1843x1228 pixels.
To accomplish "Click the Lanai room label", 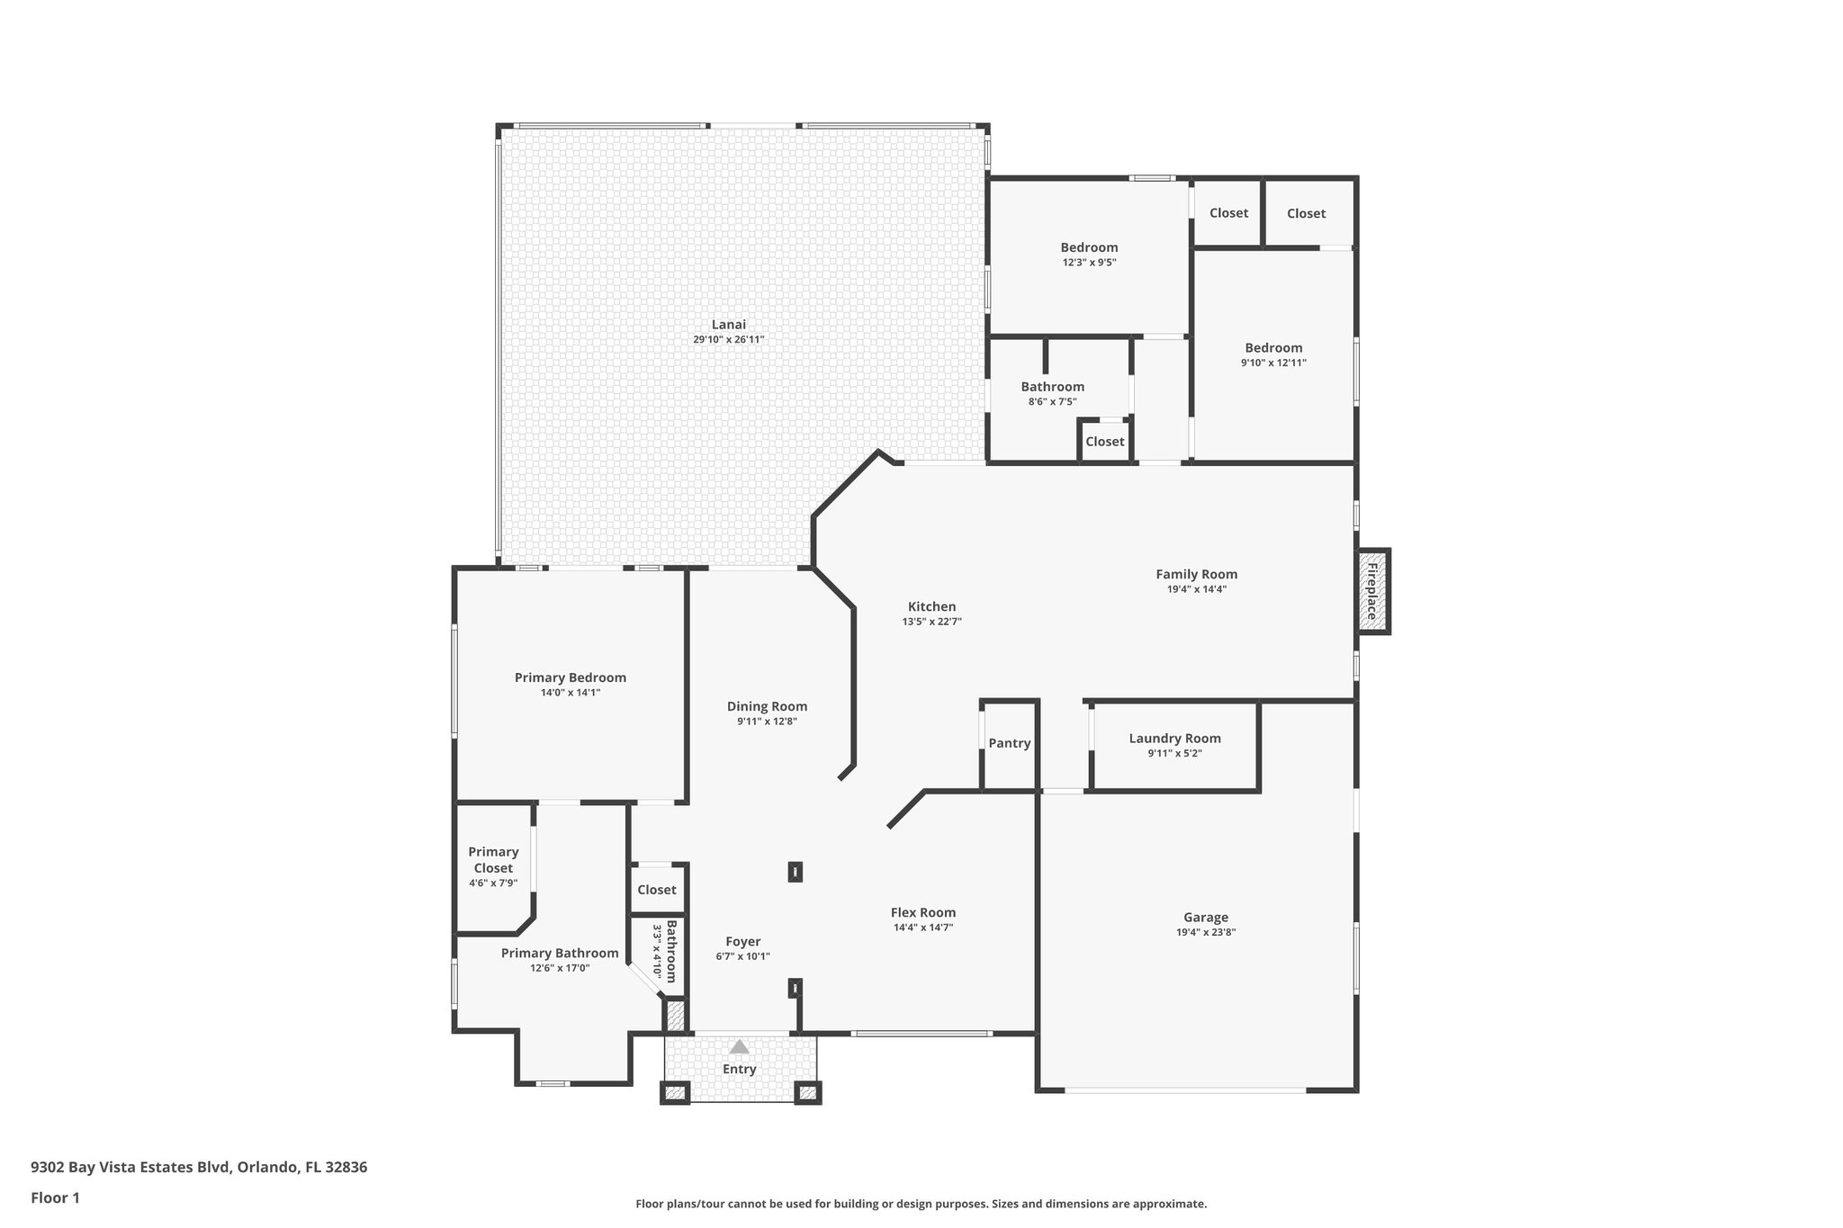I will [728, 325].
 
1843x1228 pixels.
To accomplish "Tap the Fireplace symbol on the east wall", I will [1372, 591].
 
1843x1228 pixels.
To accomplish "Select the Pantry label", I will [1009, 743].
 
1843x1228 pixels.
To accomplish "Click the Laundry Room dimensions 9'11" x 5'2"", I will [1174, 754].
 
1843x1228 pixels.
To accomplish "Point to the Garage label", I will [1205, 918].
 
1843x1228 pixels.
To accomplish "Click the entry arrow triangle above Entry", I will [739, 1046].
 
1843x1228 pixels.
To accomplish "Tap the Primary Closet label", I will [493, 860].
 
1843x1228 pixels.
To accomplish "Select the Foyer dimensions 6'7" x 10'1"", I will [742, 956].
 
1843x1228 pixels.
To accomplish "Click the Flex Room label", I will [922, 912].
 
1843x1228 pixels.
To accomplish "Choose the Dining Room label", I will [767, 706].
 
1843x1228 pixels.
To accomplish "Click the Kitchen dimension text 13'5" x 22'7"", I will [931, 622].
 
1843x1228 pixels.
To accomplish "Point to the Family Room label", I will [1196, 574].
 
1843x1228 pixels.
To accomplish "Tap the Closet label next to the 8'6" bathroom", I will [1104, 442].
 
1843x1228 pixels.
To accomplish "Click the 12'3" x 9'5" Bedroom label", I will [1089, 247].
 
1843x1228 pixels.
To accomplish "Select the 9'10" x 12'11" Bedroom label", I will [1272, 348].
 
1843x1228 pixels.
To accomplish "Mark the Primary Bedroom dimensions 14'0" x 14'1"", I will [570, 693].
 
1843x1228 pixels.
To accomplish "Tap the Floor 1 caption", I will [55, 1197].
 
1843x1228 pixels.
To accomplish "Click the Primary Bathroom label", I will [560, 954].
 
